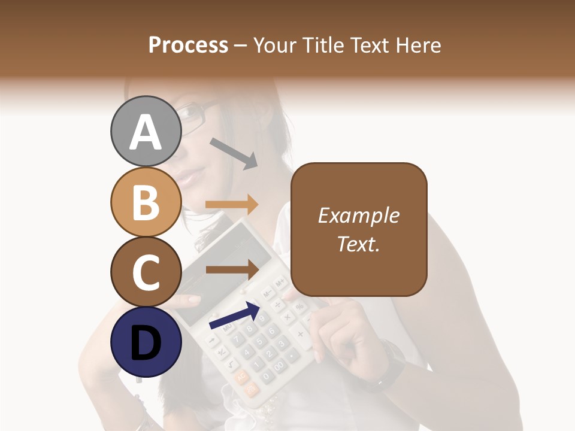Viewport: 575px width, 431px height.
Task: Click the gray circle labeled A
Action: tap(146, 131)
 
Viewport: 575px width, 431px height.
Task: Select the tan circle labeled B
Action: tap(146, 202)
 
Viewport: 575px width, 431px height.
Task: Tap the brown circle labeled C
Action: tap(146, 272)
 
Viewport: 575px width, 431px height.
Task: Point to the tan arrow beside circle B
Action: tap(232, 204)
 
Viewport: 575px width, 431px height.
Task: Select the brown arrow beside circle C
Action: tap(232, 269)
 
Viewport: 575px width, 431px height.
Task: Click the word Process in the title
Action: tap(188, 45)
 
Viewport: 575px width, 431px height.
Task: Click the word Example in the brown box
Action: tap(358, 215)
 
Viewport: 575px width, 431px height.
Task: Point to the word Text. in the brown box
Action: tap(358, 244)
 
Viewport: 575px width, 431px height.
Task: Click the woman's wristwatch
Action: tap(390, 365)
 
